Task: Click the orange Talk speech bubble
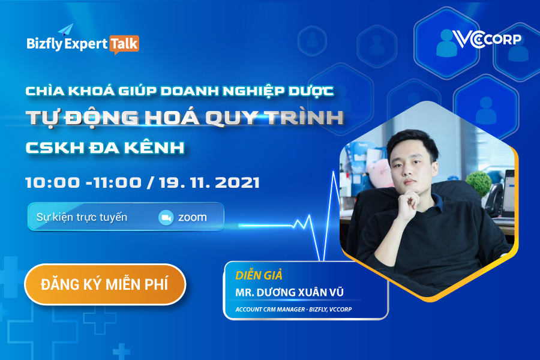tap(124, 44)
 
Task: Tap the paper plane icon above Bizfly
tap(65, 29)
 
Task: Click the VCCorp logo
tap(487, 39)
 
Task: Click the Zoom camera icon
tap(166, 218)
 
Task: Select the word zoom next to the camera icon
tap(193, 217)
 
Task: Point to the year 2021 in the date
tap(237, 182)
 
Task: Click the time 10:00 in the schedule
tap(52, 182)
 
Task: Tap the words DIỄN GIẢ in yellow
tap(259, 275)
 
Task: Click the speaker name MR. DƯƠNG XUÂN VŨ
tap(289, 292)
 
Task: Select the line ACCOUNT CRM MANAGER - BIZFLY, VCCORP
tap(293, 310)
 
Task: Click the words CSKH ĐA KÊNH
tap(105, 148)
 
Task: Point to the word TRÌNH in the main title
tap(305, 118)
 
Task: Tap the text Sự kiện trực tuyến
tap(82, 217)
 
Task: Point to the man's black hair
tap(412, 143)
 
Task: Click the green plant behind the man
tap(479, 183)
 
